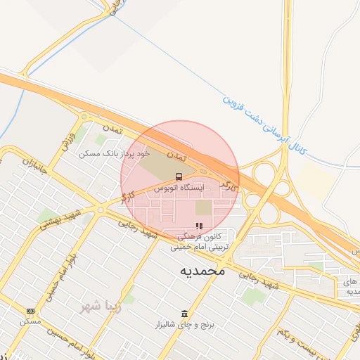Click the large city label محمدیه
click(x=202, y=270)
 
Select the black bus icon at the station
click(x=180, y=176)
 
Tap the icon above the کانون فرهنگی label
click(x=199, y=226)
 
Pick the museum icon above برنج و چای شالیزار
click(x=184, y=314)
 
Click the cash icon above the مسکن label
click(x=30, y=310)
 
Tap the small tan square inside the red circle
click(x=203, y=208)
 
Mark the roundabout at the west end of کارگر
click(x=101, y=210)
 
